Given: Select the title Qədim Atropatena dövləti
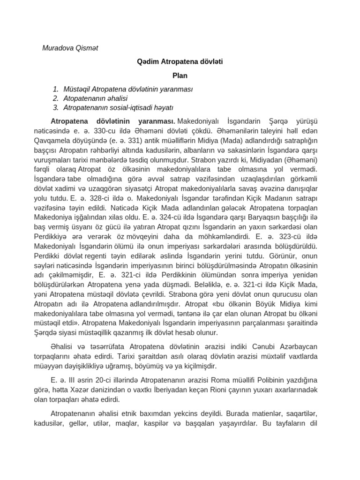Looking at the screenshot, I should pyautogui.click(x=180, y=61).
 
